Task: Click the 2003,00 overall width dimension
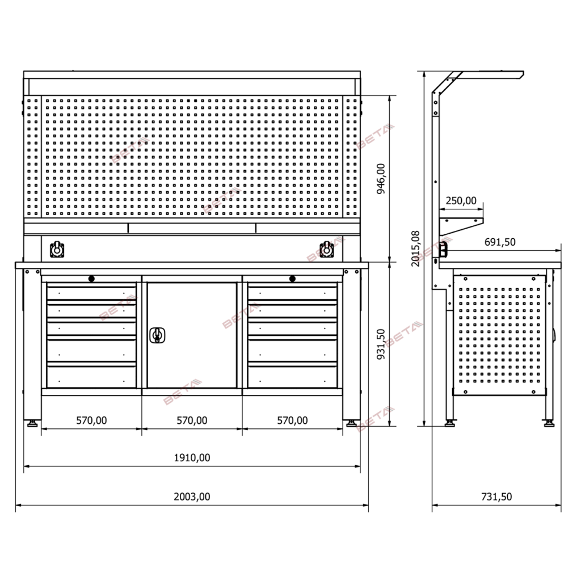click(192, 496)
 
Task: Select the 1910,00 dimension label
click(192, 458)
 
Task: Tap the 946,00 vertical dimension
click(381, 179)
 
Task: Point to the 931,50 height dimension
click(381, 344)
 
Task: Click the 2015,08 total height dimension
click(416, 249)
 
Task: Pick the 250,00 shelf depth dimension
click(461, 200)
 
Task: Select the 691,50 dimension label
click(500, 242)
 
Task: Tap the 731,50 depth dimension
click(496, 496)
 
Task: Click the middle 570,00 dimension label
click(192, 420)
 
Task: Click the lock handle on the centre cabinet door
click(157, 335)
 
